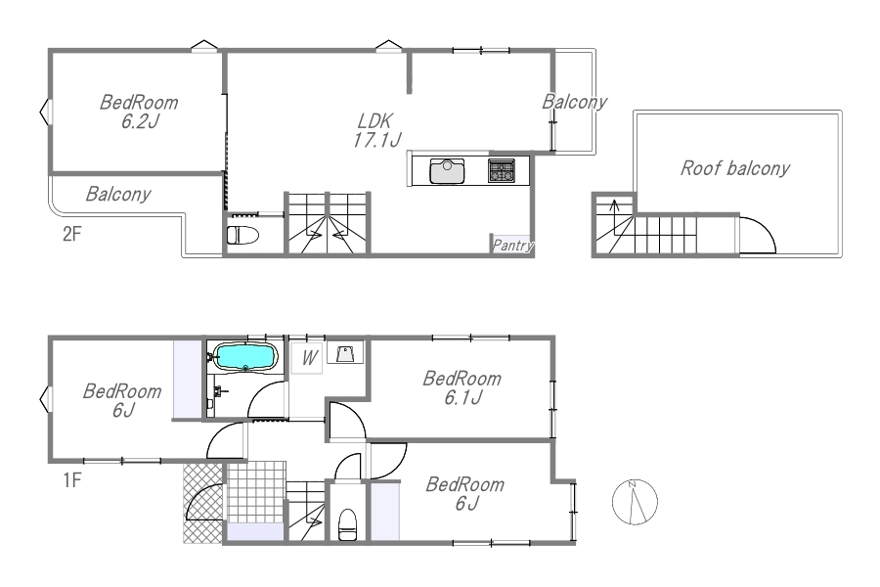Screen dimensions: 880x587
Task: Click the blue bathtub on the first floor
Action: tap(246, 357)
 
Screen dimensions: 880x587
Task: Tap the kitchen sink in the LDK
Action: tap(447, 171)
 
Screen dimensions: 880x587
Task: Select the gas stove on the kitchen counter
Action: tap(502, 170)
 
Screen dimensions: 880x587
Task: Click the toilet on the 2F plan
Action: tap(242, 235)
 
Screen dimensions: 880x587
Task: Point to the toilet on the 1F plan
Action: tap(347, 524)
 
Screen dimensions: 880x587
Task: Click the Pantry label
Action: tap(512, 246)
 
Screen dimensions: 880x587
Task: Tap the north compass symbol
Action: tap(635, 502)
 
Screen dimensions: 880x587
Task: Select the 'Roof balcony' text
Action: tap(735, 168)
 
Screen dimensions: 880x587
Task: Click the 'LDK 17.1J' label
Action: tap(376, 130)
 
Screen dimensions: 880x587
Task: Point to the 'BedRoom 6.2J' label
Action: tap(139, 112)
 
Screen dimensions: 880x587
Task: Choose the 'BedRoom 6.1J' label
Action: tap(462, 387)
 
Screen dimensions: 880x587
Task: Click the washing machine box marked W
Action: tap(307, 358)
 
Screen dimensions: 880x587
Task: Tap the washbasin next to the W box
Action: tap(344, 353)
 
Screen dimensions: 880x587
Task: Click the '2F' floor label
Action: tap(71, 234)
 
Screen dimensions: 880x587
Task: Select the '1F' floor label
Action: tap(71, 480)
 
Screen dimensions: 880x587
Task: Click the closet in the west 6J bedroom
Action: tap(188, 380)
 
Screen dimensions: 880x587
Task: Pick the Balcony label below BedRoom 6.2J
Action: tap(118, 194)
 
